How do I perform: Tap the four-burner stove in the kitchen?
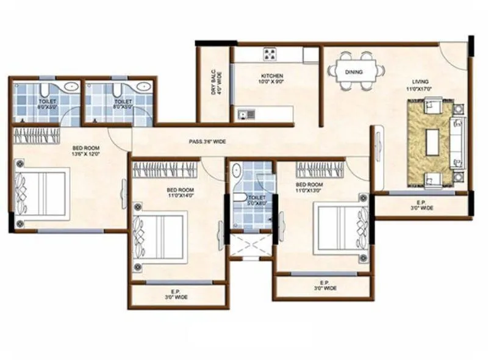pos(269,54)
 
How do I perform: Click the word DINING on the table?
pos(353,72)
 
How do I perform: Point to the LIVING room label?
pos(420,81)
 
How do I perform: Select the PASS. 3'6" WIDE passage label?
pos(207,142)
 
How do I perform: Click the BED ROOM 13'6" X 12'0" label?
pos(87,151)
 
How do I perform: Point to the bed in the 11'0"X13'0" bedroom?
pos(340,227)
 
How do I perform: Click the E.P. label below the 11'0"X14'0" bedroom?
pos(176,294)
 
